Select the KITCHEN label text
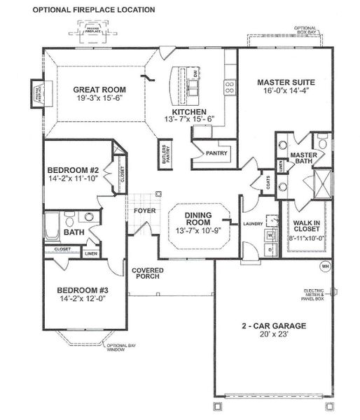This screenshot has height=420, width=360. [189, 112]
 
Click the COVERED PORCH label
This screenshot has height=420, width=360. [148, 274]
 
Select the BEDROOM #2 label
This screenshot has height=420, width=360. [76, 170]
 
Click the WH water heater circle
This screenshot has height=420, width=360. [325, 266]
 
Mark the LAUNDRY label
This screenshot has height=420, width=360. [253, 224]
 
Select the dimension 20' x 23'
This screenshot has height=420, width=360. [272, 336]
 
